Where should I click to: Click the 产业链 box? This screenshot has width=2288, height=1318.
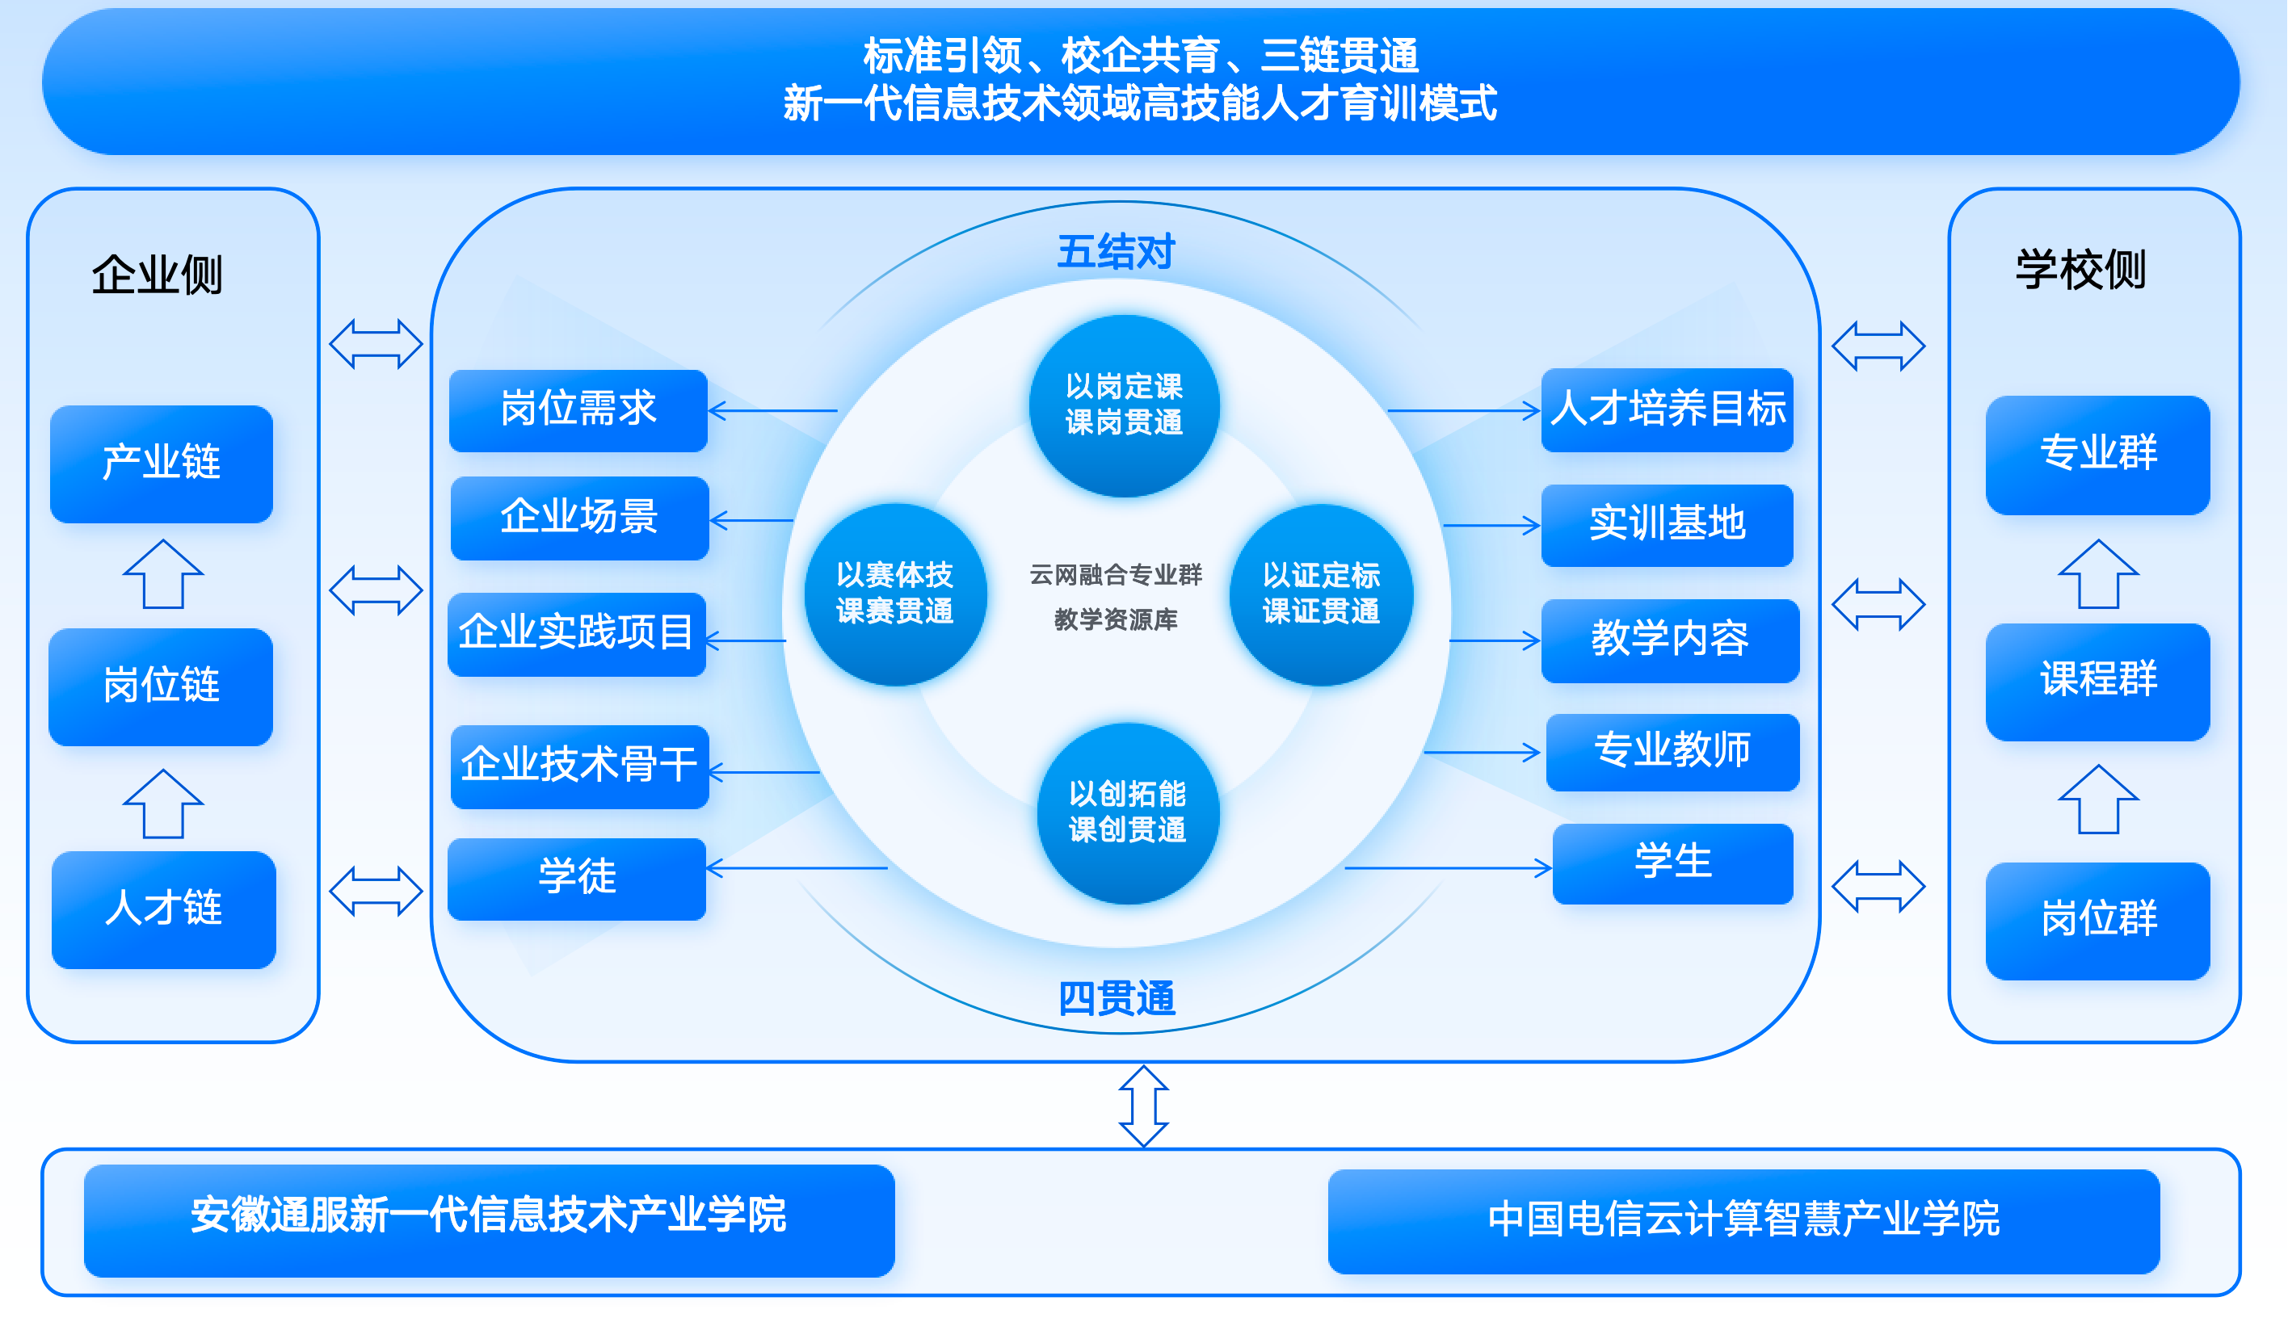click(161, 464)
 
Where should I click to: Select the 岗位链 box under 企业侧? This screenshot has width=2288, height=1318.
click(161, 686)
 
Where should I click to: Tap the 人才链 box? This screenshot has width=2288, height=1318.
click(164, 909)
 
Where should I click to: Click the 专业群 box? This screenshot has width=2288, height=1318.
click(2097, 455)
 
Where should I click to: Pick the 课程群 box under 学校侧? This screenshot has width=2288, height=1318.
click(2097, 681)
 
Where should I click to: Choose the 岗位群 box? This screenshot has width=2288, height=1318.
click(2097, 920)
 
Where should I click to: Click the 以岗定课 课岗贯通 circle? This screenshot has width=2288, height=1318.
click(1124, 405)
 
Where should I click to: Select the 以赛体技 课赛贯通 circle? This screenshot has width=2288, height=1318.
click(894, 594)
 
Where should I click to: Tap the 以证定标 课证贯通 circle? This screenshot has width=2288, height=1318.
click(1321, 594)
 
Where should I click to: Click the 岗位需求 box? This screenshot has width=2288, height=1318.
click(578, 410)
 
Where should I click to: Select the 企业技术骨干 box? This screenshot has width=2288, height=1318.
click(579, 766)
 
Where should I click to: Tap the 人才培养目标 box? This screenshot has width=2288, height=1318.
click(1667, 409)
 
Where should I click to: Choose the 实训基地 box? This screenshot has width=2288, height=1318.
click(1667, 525)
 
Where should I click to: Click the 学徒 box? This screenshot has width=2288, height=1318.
click(577, 878)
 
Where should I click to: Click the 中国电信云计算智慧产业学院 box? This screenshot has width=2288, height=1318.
click(1743, 1220)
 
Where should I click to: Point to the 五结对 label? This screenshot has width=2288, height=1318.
click(1116, 252)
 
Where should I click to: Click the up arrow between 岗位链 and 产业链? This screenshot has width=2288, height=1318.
click(163, 575)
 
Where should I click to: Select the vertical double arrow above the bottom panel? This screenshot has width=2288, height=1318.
click(1143, 1106)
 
